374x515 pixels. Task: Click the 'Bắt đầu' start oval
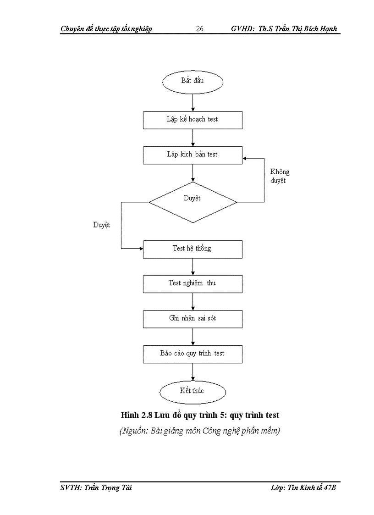pyautogui.click(x=192, y=81)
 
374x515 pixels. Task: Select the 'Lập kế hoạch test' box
pyautogui.click(x=192, y=120)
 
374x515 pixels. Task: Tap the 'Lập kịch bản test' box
pyautogui.click(x=192, y=155)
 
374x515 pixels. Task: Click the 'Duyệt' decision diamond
pyautogui.click(x=192, y=202)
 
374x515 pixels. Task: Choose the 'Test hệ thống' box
pyautogui.click(x=192, y=249)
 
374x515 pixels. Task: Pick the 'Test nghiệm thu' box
pyautogui.click(x=192, y=283)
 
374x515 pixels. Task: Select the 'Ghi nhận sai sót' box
pyautogui.click(x=192, y=319)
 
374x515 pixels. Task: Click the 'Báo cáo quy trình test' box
pyautogui.click(x=192, y=354)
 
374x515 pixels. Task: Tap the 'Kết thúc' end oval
pyautogui.click(x=192, y=391)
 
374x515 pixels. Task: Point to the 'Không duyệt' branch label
pyautogui.click(x=279, y=176)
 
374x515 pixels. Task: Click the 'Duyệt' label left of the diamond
pyautogui.click(x=101, y=225)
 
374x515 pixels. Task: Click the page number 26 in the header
pyautogui.click(x=200, y=29)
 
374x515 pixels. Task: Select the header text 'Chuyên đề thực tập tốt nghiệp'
pyautogui.click(x=106, y=29)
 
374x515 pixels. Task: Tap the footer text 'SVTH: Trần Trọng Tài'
pyautogui.click(x=96, y=488)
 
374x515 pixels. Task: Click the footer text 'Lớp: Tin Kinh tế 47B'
pyautogui.click(x=303, y=488)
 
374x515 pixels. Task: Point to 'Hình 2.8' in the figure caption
pyautogui.click(x=136, y=415)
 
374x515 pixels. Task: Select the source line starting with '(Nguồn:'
pyautogui.click(x=199, y=431)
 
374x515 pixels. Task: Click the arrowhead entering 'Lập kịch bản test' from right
pyautogui.click(x=245, y=158)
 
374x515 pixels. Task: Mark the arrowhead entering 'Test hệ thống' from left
pyautogui.click(x=141, y=249)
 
